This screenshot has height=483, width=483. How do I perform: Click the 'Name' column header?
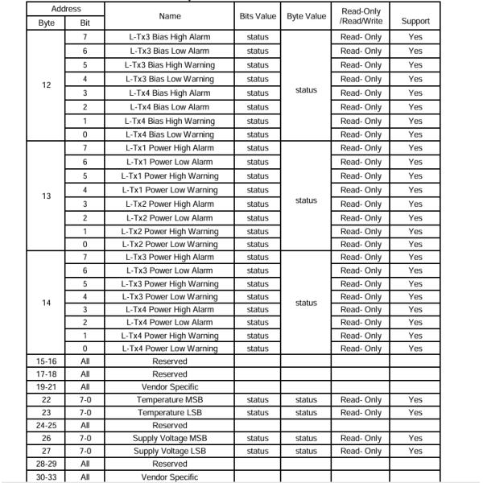click(170, 15)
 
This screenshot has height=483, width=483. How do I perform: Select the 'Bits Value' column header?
click(258, 15)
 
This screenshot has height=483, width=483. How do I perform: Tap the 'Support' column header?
click(415, 21)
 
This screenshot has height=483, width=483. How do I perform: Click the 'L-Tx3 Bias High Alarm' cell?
click(170, 38)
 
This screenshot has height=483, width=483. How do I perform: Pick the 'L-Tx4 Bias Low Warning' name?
click(170, 134)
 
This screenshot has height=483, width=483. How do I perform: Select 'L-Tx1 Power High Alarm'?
click(170, 148)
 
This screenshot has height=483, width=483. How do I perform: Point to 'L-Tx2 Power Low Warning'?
click(170, 244)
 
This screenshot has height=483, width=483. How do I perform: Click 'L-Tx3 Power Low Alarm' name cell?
click(170, 270)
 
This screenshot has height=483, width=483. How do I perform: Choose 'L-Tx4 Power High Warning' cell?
click(170, 336)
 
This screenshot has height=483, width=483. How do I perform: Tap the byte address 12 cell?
click(46, 86)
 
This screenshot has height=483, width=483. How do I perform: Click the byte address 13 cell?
click(46, 196)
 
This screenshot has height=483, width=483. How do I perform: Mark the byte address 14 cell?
click(46, 303)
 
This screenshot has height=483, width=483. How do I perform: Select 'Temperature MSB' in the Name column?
click(170, 399)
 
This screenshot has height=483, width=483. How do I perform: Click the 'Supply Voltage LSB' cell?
click(170, 451)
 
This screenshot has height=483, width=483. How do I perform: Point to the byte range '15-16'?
click(46, 361)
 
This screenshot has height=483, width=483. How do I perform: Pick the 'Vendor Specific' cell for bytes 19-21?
click(170, 387)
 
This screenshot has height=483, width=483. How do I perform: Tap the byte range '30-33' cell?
click(46, 477)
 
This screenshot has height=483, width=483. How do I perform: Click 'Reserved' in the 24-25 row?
click(170, 425)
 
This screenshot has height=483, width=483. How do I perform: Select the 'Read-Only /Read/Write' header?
click(361, 15)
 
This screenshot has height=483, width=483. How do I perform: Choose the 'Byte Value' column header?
click(306, 15)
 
